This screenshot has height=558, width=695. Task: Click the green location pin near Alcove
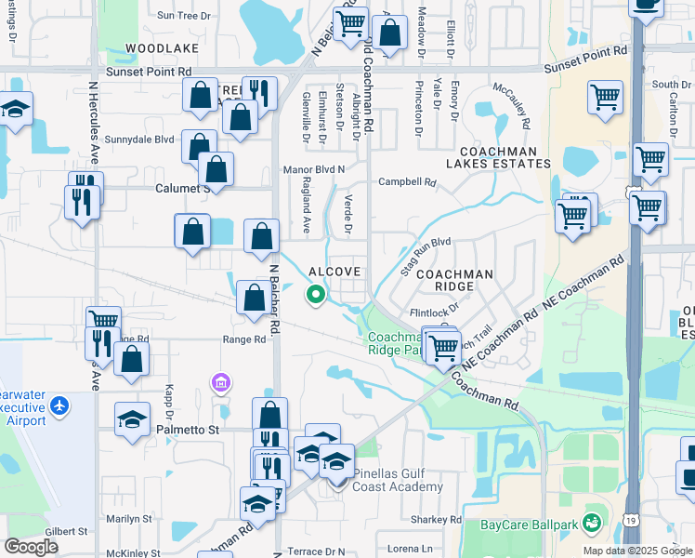316,295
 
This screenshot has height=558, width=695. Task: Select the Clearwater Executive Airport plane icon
60,405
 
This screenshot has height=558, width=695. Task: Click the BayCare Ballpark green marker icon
591,524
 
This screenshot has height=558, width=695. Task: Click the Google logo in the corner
32,546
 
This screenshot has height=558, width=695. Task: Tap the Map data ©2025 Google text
638,551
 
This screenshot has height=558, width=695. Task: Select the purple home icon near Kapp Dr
220,382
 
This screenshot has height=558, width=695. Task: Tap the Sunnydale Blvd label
139,139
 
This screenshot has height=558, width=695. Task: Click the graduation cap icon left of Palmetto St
133,418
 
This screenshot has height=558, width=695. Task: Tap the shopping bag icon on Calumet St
216,169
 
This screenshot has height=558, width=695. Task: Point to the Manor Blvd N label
314,169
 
